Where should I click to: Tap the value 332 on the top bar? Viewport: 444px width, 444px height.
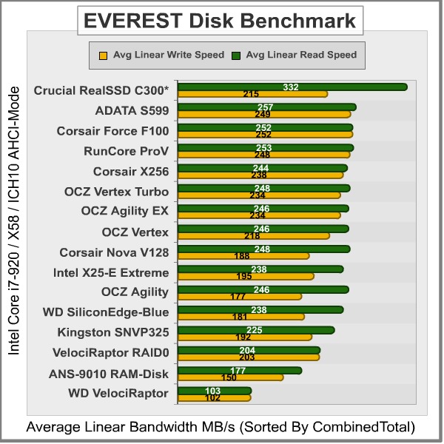pyautogui.click(x=291, y=87)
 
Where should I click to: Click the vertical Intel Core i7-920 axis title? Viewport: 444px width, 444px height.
pyautogui.click(x=13, y=222)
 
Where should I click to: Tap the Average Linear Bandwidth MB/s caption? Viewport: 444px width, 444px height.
pyautogui.click(x=221, y=428)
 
